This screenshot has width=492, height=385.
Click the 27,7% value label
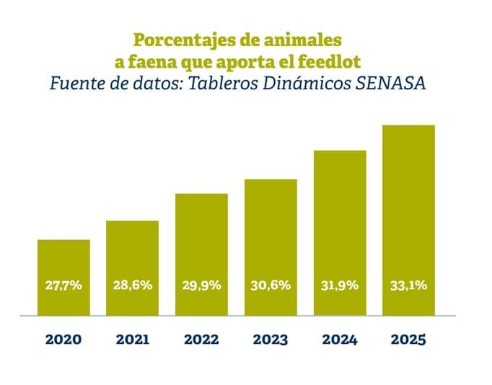(63, 286)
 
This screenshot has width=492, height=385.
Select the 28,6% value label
(133, 286)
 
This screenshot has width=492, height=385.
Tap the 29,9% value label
(201, 286)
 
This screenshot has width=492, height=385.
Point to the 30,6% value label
(271, 286)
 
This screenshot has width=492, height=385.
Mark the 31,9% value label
(339, 286)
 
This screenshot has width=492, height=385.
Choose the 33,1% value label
(408, 286)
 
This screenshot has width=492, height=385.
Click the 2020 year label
(63, 339)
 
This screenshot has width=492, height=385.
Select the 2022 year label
(201, 339)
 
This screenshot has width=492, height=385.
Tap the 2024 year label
(339, 339)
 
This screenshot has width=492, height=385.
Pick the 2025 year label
(408, 339)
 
